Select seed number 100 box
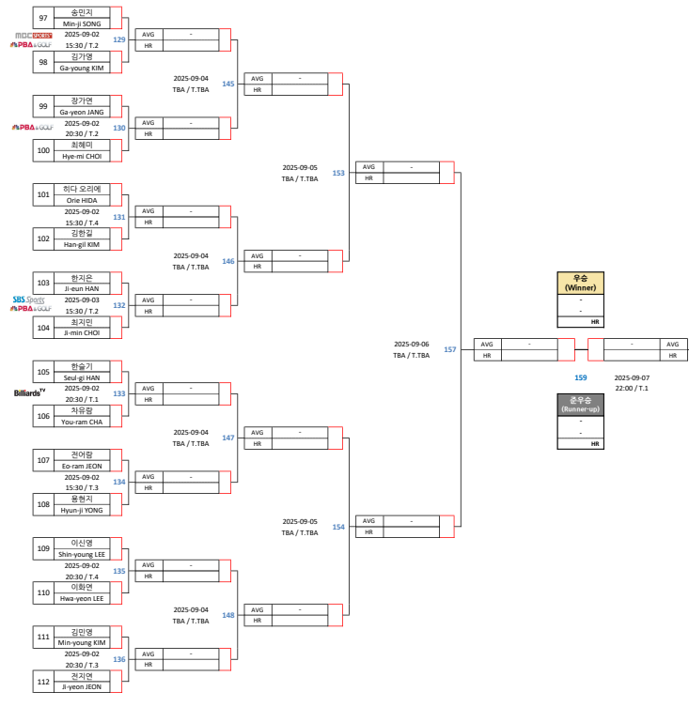pyautogui.click(x=43, y=150)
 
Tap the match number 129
pyautogui.click(x=119, y=39)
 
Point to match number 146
pyautogui.click(x=228, y=261)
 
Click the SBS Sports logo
pyautogui.click(x=28, y=300)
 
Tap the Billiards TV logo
pyautogui.click(x=29, y=392)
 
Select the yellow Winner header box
pyautogui.click(x=580, y=283)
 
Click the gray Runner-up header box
pyautogui.click(x=580, y=405)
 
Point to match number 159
pyautogui.click(x=580, y=377)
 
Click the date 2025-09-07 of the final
pyautogui.click(x=632, y=377)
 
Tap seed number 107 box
pyautogui.click(x=43, y=460)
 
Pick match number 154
pyautogui.click(x=338, y=527)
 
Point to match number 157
pyautogui.click(x=449, y=349)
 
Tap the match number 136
pyautogui.click(x=119, y=659)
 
